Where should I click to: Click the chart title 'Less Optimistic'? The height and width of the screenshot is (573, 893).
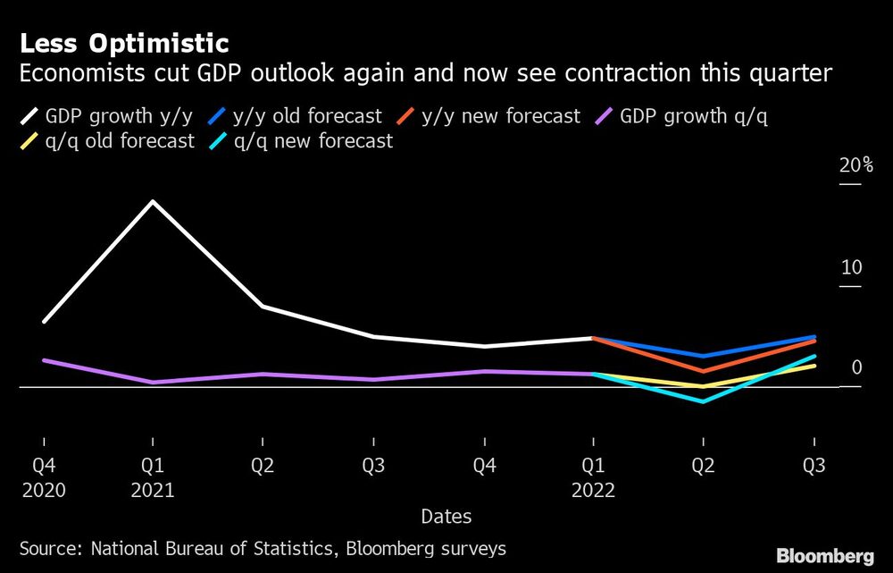(124, 43)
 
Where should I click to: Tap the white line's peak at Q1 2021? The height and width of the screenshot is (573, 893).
(153, 201)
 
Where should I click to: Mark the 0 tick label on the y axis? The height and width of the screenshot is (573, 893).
(855, 367)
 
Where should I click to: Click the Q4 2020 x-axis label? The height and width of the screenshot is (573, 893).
(43, 478)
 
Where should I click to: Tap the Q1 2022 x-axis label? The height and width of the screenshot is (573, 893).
(594, 478)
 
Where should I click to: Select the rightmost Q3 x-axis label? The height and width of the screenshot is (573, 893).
(814, 467)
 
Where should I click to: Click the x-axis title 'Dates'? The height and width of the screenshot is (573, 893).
(446, 517)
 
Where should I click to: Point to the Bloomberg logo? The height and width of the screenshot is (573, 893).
(825, 556)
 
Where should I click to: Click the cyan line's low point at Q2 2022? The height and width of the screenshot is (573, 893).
(704, 401)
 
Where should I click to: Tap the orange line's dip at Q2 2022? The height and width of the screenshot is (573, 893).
(704, 370)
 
